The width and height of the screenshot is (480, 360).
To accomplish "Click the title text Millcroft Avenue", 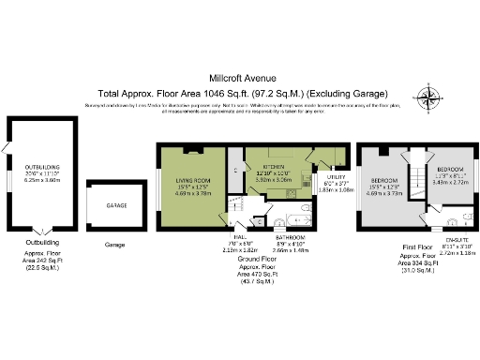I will tap(239, 79).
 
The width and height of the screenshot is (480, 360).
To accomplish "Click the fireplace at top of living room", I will tap(191, 149).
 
